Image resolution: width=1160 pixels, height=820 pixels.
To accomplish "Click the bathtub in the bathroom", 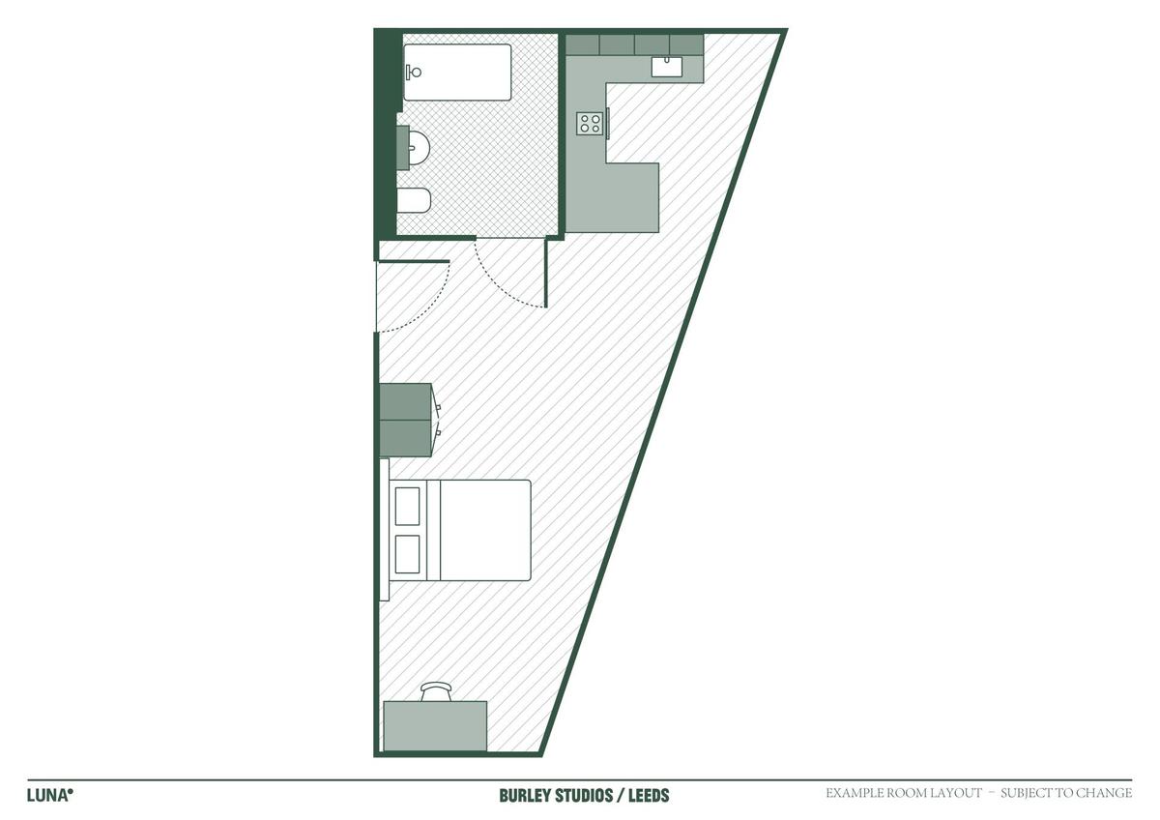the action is point(457,72).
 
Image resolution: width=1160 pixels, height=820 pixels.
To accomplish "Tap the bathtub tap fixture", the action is point(414,72).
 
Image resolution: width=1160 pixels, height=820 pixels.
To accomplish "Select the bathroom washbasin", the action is point(415,148).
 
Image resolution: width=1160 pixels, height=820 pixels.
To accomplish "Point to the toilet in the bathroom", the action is point(414,200).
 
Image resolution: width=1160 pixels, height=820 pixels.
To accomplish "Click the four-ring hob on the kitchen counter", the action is point(590,123).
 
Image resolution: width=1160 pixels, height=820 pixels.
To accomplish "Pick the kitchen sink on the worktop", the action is point(666,67).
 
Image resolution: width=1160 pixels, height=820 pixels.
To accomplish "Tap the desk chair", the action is point(436,691).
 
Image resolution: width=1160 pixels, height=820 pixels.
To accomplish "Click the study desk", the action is point(435,726).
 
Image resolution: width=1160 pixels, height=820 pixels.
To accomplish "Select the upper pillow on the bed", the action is point(407,506).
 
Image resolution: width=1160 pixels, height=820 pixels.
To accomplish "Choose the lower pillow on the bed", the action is point(407,554).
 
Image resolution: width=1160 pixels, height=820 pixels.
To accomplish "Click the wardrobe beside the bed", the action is point(406,420).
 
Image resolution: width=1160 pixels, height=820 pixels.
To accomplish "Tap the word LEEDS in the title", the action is point(649,796).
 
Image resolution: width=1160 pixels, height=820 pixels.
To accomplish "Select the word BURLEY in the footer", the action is point(525,796).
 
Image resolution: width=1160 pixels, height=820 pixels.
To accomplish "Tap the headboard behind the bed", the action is point(385,529).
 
